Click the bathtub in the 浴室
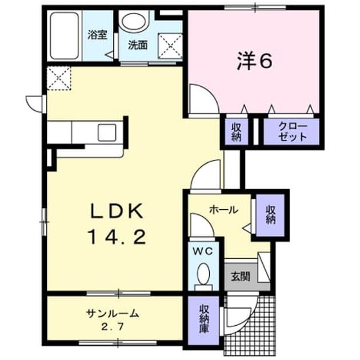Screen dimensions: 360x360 click(x=65, y=36)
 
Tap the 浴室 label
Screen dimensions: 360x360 click(x=98, y=35)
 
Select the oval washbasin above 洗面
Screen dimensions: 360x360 click(x=134, y=22)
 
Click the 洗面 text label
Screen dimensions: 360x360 click(x=138, y=45)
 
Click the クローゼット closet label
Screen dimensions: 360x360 click(x=292, y=131)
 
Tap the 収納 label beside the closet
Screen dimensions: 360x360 click(x=236, y=132)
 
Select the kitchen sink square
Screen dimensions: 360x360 click(x=107, y=133)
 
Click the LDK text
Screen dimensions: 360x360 click(x=117, y=211)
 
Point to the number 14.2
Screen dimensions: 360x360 click(x=117, y=237)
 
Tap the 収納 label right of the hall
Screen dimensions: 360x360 click(x=271, y=215)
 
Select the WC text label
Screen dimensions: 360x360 click(x=203, y=251)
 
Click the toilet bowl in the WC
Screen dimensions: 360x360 click(x=203, y=274)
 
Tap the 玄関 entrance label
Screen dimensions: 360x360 click(x=241, y=277)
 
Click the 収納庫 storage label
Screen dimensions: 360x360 click(x=203, y=319)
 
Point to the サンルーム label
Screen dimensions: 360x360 click(x=113, y=313)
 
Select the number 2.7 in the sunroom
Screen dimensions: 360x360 click(x=113, y=326)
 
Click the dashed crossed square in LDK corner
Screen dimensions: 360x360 click(x=59, y=78)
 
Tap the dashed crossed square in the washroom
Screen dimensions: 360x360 click(x=170, y=46)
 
